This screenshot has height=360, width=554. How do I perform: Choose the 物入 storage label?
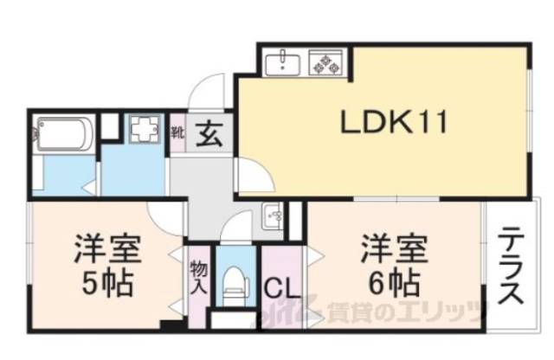click(196, 276)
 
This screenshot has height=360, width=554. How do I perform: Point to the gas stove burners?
click(328, 62)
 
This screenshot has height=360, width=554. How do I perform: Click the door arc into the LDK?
click(254, 177)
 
